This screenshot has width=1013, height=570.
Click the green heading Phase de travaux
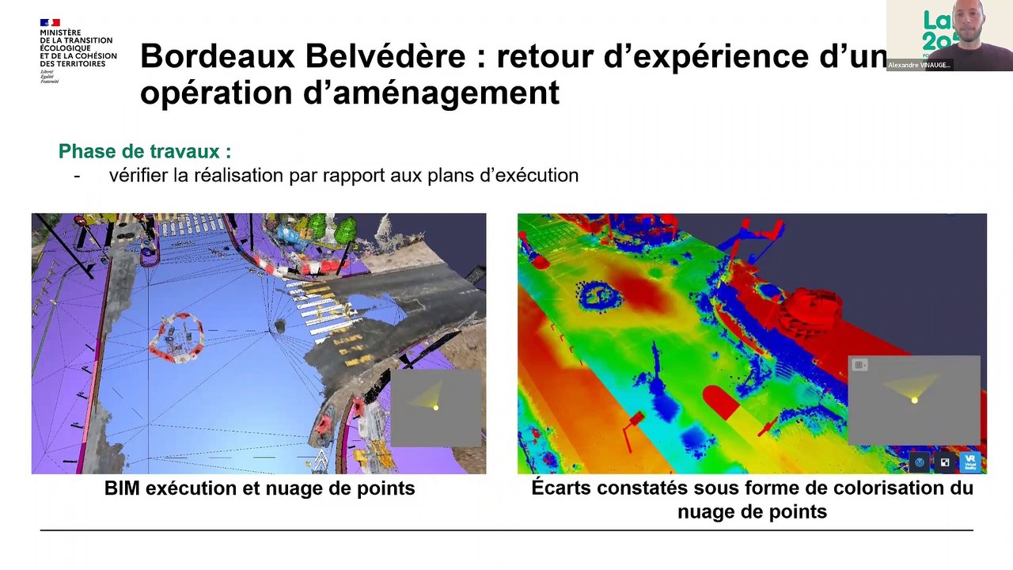(145, 151)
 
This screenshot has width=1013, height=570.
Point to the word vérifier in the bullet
(138, 175)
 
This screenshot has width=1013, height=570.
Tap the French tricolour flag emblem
(50, 23)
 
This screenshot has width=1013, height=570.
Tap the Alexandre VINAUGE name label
(919, 65)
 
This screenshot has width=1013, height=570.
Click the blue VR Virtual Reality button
(970, 462)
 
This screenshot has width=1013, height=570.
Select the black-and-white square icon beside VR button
(945, 462)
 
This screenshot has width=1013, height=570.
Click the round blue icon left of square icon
(920, 462)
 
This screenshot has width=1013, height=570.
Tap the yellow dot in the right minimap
(915, 401)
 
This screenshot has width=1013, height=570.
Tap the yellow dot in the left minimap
(435, 408)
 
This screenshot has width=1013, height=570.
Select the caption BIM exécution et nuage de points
(260, 488)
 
